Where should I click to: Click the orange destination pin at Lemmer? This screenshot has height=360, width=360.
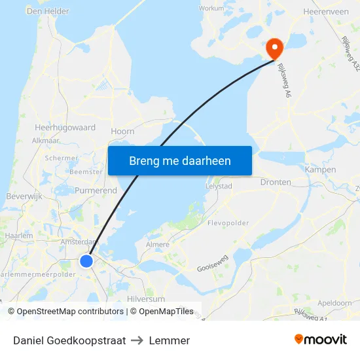[x=273, y=46]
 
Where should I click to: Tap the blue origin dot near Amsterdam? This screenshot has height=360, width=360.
[x=86, y=261]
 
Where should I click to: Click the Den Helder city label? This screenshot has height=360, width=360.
[x=47, y=11]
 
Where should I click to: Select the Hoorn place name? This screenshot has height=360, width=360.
[x=122, y=132]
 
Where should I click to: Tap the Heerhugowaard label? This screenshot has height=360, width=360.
[x=65, y=128]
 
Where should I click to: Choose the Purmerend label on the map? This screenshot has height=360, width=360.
[x=96, y=190]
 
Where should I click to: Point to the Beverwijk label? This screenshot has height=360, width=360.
[x=24, y=196]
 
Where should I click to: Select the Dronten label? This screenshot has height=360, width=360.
[x=276, y=183]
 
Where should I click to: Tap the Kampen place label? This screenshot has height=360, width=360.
[x=320, y=170]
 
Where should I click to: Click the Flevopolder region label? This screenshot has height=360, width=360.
[x=228, y=223]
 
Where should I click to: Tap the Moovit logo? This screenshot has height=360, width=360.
[x=321, y=339]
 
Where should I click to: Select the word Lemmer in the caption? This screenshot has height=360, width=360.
[x=170, y=340]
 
